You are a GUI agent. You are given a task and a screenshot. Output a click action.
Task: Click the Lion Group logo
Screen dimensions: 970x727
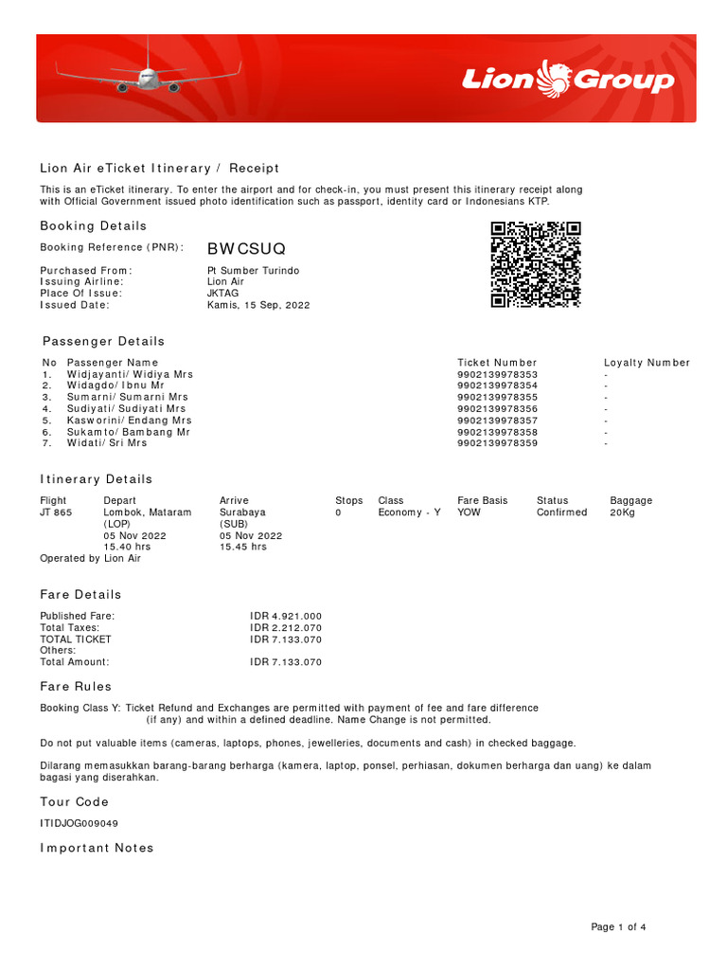[x=568, y=79]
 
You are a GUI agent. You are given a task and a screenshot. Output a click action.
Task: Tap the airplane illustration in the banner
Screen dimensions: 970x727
[x=149, y=77]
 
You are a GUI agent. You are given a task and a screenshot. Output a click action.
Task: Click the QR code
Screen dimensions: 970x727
[x=535, y=264]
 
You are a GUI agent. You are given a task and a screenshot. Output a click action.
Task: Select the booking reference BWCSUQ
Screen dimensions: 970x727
[x=246, y=248]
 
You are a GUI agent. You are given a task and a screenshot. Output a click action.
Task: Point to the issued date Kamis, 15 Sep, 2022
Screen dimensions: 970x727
[x=258, y=305]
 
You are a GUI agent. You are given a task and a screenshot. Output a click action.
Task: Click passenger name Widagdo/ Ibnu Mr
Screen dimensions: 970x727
[x=115, y=386]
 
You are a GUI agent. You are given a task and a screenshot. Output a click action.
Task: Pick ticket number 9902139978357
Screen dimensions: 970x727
[x=497, y=420]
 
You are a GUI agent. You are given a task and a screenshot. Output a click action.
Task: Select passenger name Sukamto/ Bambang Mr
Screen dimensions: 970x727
[x=128, y=431]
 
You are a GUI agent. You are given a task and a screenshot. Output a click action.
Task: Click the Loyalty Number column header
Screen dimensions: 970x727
[x=647, y=363]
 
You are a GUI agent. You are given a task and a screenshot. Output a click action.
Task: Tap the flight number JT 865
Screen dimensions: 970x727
[x=55, y=512]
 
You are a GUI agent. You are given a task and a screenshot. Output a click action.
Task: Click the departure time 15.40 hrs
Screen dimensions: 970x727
[x=127, y=547]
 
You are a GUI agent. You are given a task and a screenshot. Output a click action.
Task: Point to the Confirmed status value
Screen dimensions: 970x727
[x=561, y=512]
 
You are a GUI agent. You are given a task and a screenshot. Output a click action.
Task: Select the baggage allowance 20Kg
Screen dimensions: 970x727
[x=625, y=512]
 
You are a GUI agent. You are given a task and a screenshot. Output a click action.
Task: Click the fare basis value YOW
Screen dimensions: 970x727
[x=469, y=512]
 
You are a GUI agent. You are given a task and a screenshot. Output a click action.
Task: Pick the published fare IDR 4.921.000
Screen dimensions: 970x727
[x=286, y=616]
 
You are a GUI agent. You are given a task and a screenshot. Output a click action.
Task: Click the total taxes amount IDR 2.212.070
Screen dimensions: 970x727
[x=286, y=627]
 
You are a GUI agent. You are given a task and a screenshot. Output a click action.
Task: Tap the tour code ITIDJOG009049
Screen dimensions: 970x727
[x=79, y=823]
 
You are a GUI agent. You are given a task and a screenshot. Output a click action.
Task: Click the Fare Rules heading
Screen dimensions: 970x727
[x=76, y=686]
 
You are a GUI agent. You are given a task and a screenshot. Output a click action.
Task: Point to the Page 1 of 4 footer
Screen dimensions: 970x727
[x=618, y=926]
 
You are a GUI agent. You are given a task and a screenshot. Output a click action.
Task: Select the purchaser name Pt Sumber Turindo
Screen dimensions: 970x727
[x=253, y=271]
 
